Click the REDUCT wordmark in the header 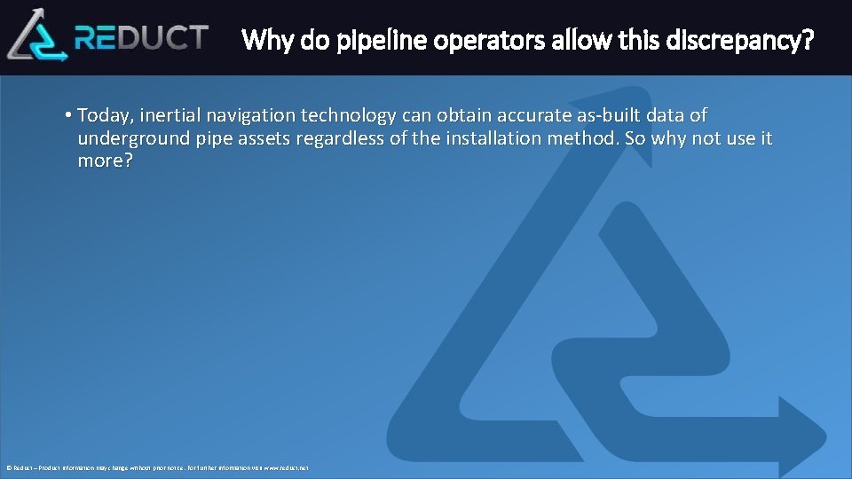coord(142,37)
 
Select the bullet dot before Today coord(68,115)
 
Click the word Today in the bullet coord(103,115)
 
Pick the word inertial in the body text coord(169,115)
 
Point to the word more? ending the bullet coord(105,161)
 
